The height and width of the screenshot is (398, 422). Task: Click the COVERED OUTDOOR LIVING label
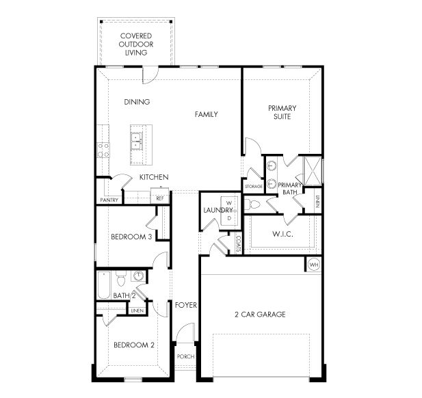point(135,43)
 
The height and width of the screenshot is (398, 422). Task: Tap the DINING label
point(137,102)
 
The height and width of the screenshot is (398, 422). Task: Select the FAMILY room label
point(206,114)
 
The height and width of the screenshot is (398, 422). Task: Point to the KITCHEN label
point(154,177)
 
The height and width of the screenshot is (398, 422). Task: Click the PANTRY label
point(109,200)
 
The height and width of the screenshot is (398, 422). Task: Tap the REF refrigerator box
point(159,198)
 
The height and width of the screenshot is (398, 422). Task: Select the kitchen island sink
point(136,141)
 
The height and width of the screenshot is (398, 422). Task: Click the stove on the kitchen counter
point(104,150)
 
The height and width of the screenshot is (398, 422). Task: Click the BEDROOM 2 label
point(133,345)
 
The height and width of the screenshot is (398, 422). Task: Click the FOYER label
point(185,304)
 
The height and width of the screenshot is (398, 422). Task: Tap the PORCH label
point(185,357)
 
